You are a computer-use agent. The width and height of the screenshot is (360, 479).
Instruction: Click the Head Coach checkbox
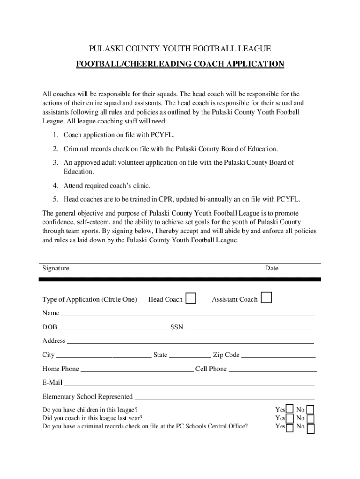click(191, 298)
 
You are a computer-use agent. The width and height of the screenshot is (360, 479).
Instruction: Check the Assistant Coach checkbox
click(266, 298)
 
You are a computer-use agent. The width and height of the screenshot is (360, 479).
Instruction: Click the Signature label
click(56, 269)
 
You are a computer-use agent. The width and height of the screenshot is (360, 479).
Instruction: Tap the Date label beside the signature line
click(271, 269)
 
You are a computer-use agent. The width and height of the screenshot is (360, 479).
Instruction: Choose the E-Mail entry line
click(189, 384)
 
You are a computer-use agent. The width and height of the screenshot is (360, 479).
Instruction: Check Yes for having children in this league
click(290, 410)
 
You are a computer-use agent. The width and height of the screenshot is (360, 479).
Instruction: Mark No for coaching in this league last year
click(310, 419)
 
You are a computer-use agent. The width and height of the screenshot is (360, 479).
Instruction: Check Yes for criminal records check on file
click(290, 428)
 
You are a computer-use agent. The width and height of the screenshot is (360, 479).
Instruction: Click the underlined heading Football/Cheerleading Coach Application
click(180, 64)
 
